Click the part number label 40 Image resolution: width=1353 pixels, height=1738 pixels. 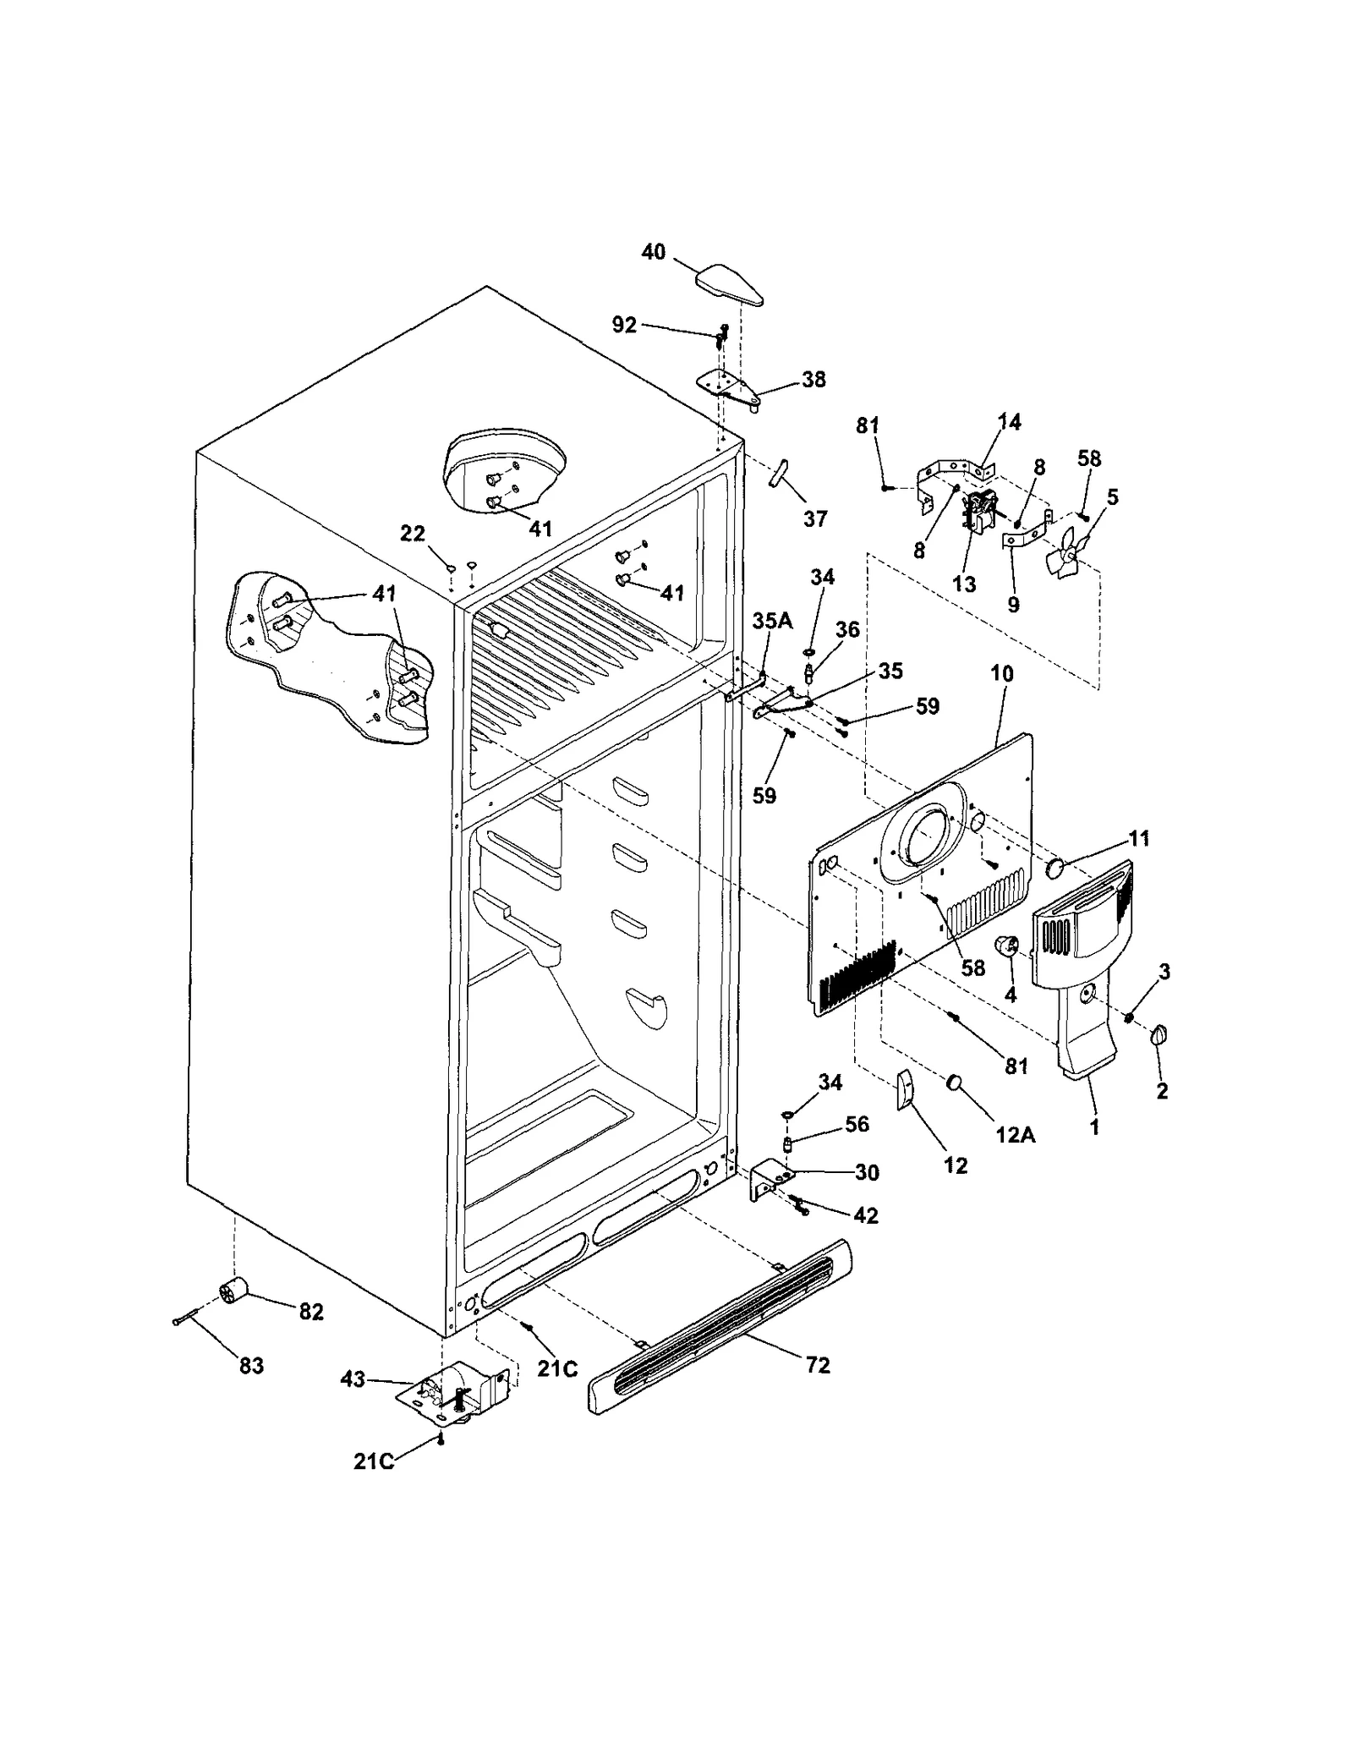[653, 252]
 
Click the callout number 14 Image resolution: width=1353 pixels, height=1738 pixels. [1009, 421]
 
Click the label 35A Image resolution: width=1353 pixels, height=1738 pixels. [772, 621]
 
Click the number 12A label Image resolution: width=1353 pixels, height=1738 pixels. [1015, 1135]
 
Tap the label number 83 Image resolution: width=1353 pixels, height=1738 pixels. [251, 1366]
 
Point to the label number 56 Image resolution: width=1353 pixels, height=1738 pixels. [857, 1124]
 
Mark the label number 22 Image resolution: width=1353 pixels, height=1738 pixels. [412, 533]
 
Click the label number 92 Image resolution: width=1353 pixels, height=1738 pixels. [624, 325]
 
